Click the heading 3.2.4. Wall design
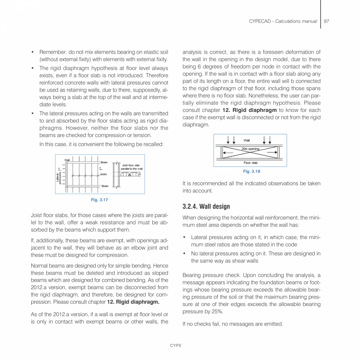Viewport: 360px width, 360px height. click(x=206, y=206)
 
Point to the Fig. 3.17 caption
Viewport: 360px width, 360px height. click(x=100, y=200)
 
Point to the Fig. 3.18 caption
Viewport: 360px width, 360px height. click(x=251, y=171)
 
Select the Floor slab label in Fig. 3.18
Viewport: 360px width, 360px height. click(x=250, y=163)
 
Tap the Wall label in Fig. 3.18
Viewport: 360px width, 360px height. click(x=247, y=140)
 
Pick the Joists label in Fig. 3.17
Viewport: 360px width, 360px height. click(x=103, y=174)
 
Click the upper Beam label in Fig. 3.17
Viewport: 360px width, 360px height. click(x=104, y=162)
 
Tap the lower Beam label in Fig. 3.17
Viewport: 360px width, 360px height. click(x=105, y=186)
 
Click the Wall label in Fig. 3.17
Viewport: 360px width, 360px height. click(x=67, y=159)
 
